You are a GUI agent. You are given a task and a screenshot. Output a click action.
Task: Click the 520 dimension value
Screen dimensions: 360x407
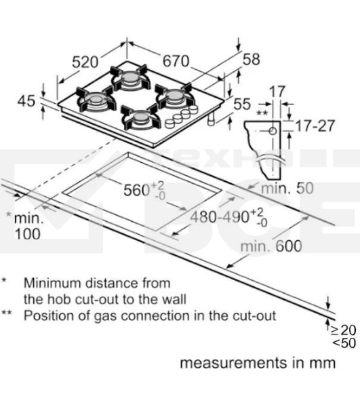click(85, 62)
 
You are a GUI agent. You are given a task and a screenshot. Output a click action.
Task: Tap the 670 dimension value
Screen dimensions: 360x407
click(176, 61)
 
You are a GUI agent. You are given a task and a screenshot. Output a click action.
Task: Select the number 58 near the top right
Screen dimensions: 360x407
click(251, 60)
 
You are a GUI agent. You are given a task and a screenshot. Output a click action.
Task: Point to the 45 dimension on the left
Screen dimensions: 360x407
click(26, 100)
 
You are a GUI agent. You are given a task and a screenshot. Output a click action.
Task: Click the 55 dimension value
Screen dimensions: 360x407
click(242, 104)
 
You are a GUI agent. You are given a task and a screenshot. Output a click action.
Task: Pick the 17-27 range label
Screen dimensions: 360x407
click(315, 126)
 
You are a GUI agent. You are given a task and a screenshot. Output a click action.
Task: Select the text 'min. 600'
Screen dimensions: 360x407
click(271, 246)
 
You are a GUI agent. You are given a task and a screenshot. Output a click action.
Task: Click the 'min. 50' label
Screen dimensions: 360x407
click(287, 188)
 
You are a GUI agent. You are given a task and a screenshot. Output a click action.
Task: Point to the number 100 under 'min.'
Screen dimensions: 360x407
click(28, 234)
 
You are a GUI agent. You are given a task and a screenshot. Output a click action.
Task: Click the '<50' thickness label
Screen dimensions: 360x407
click(344, 343)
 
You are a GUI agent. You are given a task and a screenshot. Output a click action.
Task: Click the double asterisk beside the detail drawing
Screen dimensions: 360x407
click(262, 113)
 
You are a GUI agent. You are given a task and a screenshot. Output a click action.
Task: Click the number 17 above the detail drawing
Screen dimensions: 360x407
click(277, 92)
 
